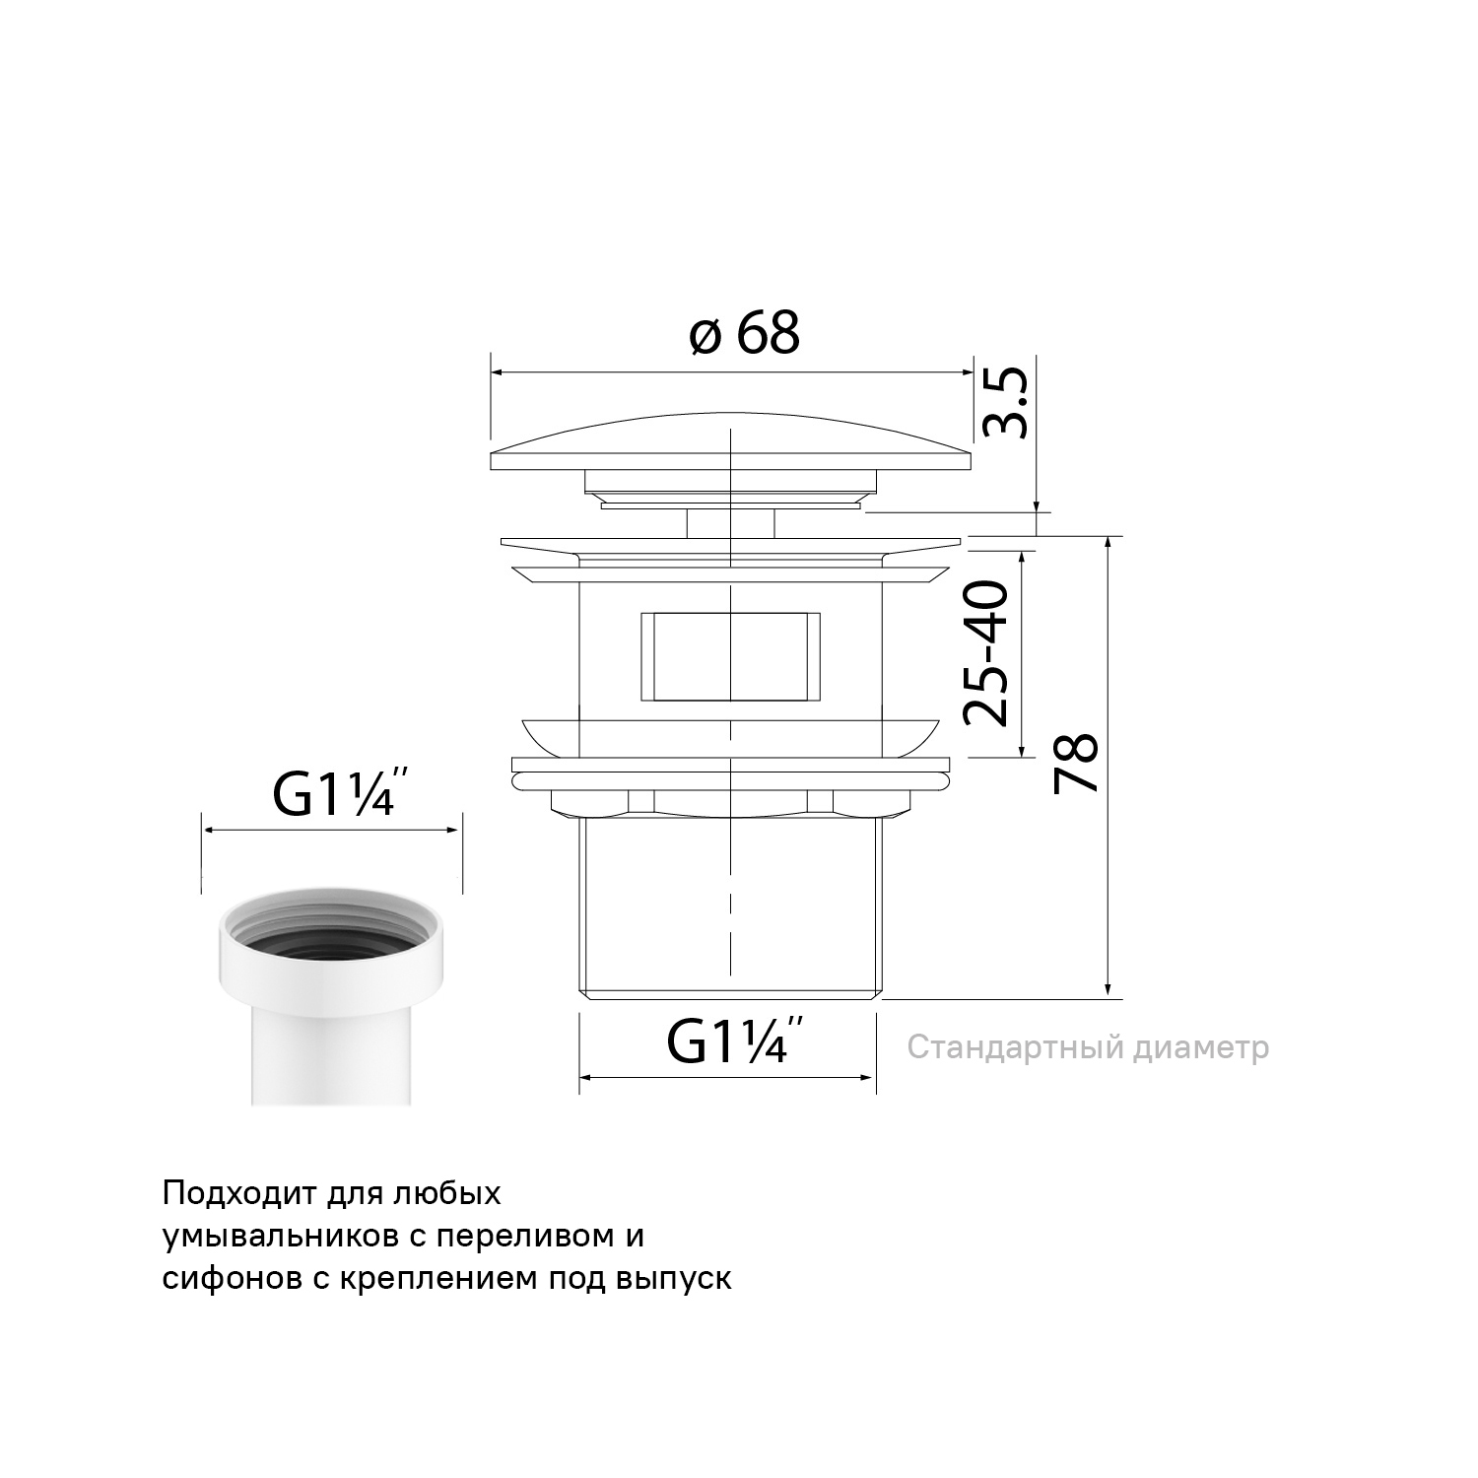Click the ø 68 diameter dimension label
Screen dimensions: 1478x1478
744,332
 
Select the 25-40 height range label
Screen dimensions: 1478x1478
986,652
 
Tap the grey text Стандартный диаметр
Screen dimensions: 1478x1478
1088,1047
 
